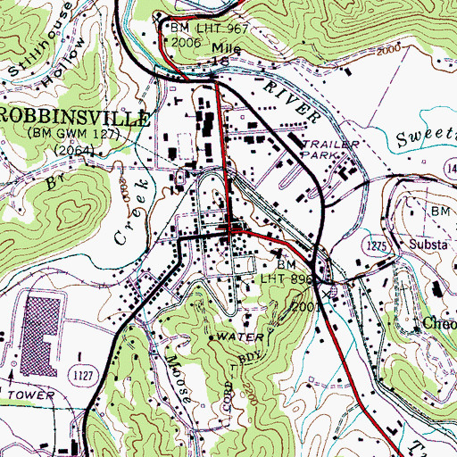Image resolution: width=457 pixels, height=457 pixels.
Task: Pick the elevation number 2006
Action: point(186,41)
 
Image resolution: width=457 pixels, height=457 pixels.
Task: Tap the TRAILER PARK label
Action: point(331,148)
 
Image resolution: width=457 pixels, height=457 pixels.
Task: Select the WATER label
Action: point(242,337)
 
